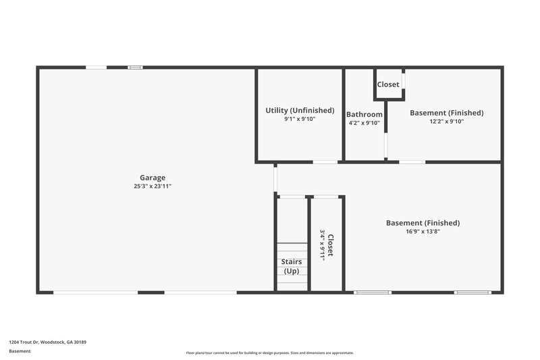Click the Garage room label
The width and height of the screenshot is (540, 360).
153,178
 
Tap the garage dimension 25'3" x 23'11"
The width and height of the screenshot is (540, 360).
153,186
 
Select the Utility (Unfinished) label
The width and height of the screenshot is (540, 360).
300,110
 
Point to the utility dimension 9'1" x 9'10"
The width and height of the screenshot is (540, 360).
300,119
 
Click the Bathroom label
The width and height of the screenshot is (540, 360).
364,114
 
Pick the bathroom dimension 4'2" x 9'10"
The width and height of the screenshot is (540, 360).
364,123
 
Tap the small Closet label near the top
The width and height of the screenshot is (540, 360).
388,84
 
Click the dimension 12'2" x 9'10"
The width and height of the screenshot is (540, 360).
446,122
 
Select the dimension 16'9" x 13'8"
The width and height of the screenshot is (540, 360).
423,232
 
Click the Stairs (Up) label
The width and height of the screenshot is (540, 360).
292,266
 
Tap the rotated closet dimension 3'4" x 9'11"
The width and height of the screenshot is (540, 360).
322,245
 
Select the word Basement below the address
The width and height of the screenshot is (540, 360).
20,351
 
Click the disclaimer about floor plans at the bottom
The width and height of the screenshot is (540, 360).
269,353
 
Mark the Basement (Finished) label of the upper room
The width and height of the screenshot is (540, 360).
446,113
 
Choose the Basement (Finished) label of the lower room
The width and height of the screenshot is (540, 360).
423,223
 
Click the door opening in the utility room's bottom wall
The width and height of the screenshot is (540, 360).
325,162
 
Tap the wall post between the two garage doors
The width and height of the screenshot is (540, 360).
152,292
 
